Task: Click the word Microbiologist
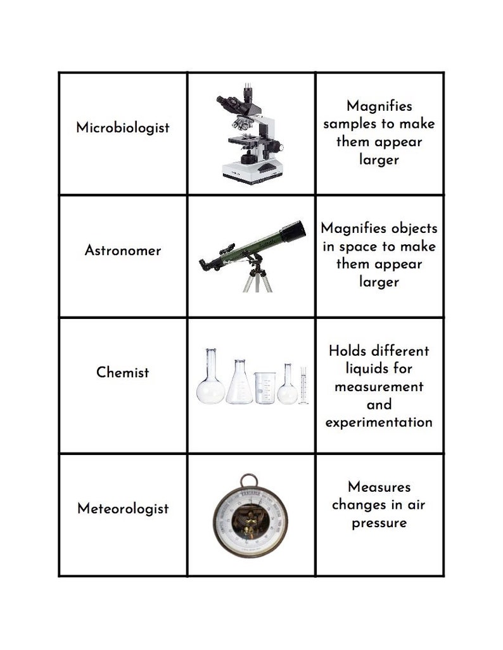click(123, 128)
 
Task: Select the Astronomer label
click(123, 251)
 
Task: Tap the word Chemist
click(123, 373)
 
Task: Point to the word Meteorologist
click(123, 509)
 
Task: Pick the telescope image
click(252, 253)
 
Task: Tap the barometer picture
click(250, 516)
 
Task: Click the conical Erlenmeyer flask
click(239, 383)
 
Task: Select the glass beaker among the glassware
click(265, 388)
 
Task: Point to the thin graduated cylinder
click(303, 385)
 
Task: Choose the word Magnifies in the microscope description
click(379, 106)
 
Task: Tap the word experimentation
click(379, 422)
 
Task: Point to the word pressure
click(379, 523)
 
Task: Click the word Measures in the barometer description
click(379, 487)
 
